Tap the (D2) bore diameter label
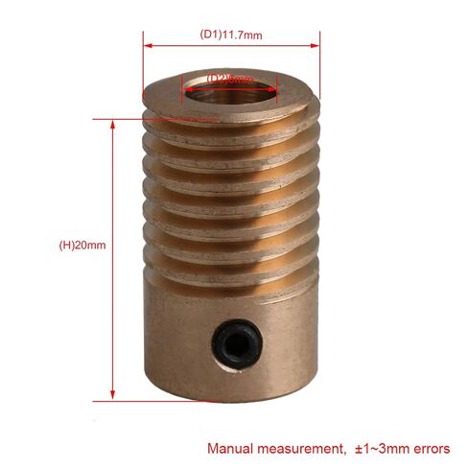[230, 79]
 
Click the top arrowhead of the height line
[114, 123]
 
